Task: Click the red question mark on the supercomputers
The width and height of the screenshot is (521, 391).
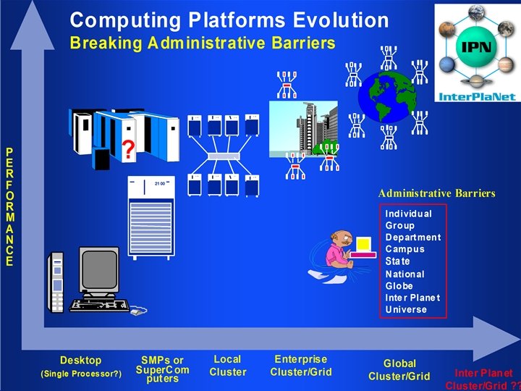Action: [x=128, y=150]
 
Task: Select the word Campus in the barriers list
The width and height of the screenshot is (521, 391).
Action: [x=404, y=249]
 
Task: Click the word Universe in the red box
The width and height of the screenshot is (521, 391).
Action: [x=406, y=309]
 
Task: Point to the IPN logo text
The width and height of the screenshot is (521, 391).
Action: [x=475, y=47]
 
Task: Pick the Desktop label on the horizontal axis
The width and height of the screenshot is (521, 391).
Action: [x=81, y=360]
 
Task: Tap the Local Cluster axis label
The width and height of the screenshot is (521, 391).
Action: [x=228, y=366]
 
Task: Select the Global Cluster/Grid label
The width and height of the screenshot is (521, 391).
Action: [x=399, y=369]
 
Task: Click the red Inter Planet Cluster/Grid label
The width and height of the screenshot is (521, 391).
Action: [x=483, y=379]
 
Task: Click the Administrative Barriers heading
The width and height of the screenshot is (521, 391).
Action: [x=436, y=193]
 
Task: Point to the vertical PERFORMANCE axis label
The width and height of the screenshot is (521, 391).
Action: [x=9, y=207]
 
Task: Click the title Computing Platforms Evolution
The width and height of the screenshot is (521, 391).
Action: [x=229, y=20]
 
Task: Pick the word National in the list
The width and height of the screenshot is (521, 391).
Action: [x=404, y=274]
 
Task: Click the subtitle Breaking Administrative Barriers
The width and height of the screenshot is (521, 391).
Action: [x=203, y=43]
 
